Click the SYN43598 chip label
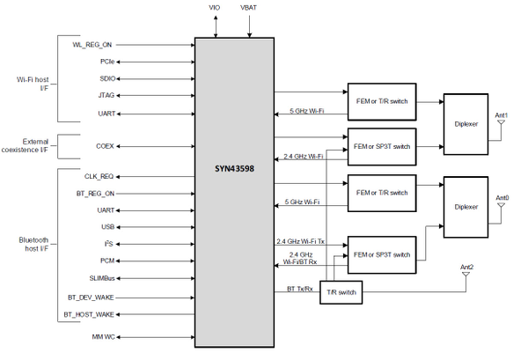(x=233, y=168)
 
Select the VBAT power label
(x=250, y=7)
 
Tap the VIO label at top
(x=215, y=7)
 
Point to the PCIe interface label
(x=106, y=62)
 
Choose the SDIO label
(x=106, y=78)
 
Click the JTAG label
(x=106, y=95)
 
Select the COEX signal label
(x=105, y=145)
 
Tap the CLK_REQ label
(x=99, y=176)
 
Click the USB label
(x=107, y=227)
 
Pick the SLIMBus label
(x=101, y=278)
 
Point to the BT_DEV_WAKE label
(x=92, y=298)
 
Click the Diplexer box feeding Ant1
(x=466, y=124)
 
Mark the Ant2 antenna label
(x=466, y=267)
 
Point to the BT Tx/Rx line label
(x=300, y=289)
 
